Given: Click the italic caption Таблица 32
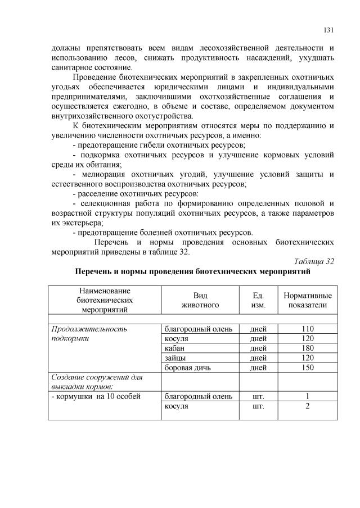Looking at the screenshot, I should point(314,261).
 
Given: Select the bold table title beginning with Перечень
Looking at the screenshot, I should point(193,271).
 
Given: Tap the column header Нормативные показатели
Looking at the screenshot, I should point(307,300).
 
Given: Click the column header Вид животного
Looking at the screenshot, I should point(200,300).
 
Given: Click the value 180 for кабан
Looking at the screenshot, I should point(307,348).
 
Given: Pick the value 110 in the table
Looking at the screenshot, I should point(307,329).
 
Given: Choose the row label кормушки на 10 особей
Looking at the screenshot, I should point(95,396).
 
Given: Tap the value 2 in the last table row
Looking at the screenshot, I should point(307,406).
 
